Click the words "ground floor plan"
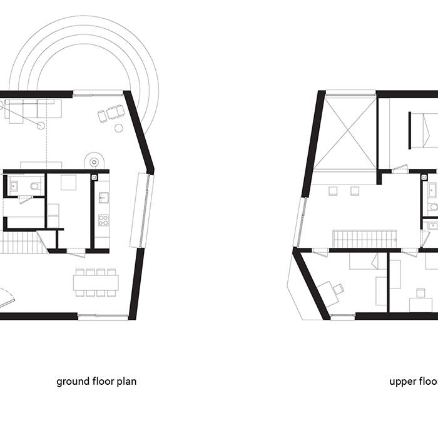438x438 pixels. click(96, 381)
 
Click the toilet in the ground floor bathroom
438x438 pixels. click(36, 185)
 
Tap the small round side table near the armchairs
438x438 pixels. click(119, 128)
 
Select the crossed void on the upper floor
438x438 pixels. click(345, 132)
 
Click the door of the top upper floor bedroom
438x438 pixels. click(399, 169)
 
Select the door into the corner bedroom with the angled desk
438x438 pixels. click(320, 252)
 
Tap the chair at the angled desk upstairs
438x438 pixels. click(339, 288)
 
